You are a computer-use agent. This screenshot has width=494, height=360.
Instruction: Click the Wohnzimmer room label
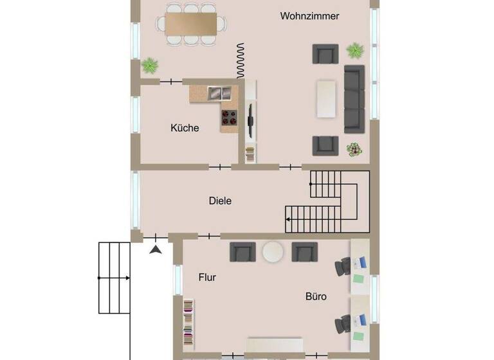[x=309, y=16]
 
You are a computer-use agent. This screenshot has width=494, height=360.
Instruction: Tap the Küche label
[x=185, y=128]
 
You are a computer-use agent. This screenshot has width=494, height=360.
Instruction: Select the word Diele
[x=220, y=201]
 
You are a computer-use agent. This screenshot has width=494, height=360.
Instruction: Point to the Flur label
[x=207, y=278]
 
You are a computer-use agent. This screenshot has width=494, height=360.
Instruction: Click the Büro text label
[x=316, y=296]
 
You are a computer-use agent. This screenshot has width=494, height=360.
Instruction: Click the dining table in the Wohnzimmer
[x=191, y=24]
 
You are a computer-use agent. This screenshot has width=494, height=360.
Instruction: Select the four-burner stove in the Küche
[x=229, y=117]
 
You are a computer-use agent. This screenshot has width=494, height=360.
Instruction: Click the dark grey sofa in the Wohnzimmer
[x=354, y=98]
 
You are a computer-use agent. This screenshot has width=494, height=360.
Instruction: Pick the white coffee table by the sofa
[x=326, y=98]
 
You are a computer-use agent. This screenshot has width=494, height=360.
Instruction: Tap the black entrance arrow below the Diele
[x=155, y=248]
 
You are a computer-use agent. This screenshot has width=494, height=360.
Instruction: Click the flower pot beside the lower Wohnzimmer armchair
[x=354, y=149]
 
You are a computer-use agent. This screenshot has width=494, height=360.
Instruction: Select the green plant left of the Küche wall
[x=150, y=65]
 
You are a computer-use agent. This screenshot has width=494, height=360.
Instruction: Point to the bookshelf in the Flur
[x=188, y=323]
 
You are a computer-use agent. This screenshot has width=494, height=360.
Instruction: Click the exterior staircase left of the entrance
[x=114, y=277]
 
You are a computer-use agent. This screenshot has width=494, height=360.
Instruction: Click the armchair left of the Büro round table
[x=242, y=251]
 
